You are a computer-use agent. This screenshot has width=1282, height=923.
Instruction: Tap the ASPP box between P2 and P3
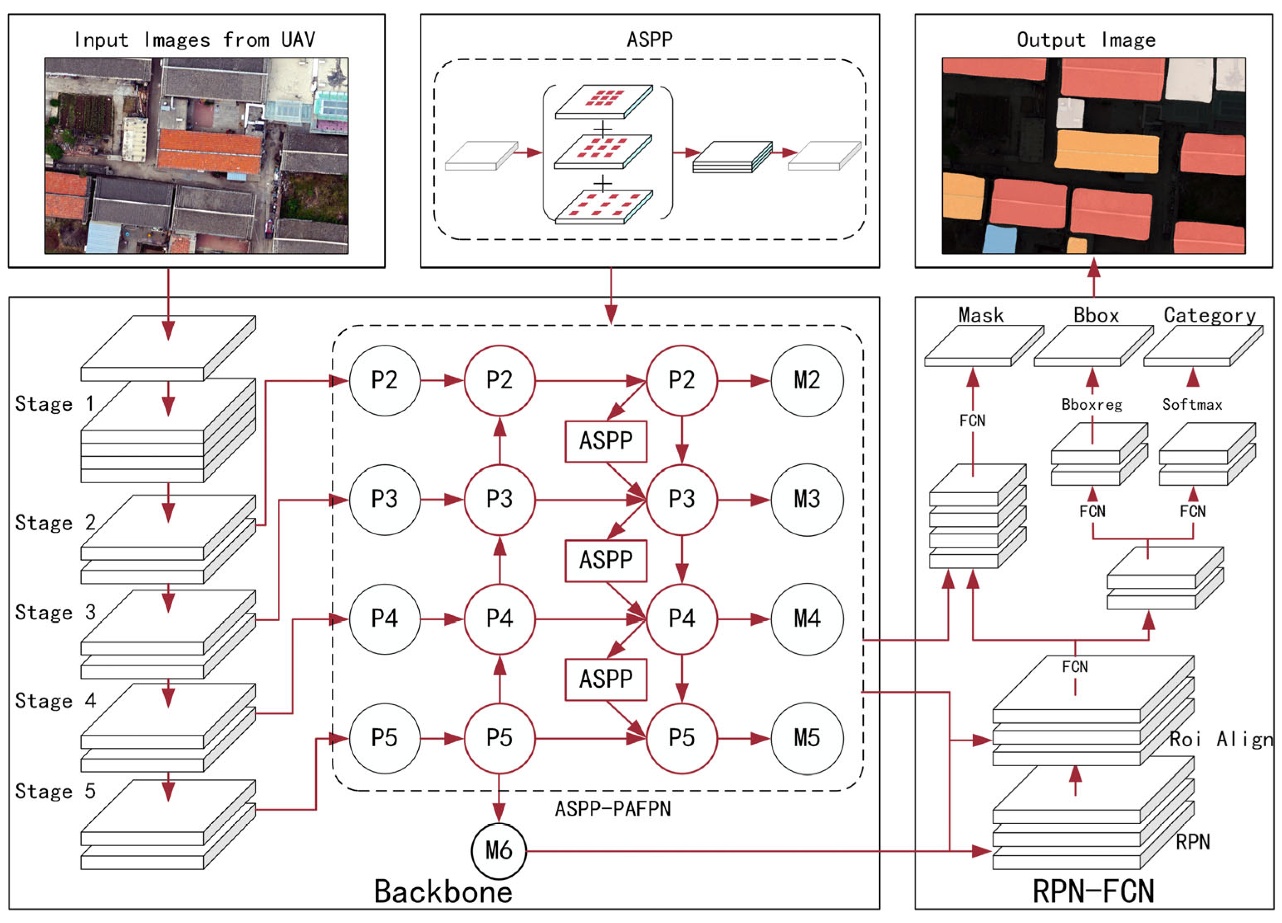(606, 441)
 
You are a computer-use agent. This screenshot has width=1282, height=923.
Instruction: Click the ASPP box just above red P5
(606, 679)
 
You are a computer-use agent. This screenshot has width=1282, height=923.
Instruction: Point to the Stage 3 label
(55, 613)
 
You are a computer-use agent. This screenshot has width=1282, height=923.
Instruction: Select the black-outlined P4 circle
(384, 619)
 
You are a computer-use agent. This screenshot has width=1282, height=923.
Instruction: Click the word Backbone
(443, 892)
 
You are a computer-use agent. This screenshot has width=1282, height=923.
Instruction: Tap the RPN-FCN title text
(1093, 892)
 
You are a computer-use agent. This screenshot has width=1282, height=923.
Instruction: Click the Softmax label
(1191, 404)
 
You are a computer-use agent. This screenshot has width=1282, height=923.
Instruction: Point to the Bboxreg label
(1091, 404)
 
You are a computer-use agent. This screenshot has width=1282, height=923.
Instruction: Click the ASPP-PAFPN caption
(613, 809)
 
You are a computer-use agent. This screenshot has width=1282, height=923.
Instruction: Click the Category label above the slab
(1209, 315)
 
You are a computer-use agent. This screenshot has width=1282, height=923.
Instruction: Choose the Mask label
(981, 315)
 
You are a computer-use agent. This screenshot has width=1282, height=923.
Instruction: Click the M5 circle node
(807, 738)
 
